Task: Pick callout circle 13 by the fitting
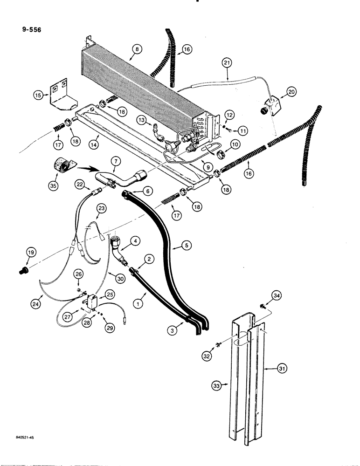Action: (x=143, y=120)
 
